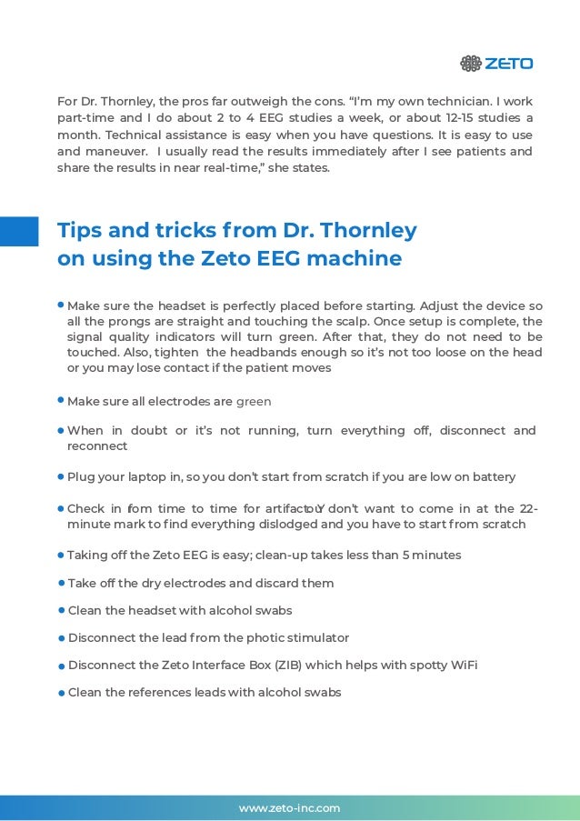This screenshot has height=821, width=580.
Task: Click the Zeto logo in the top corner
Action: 495,64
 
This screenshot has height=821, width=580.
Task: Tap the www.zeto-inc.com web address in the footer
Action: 289,807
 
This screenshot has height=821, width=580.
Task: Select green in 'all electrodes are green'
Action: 254,401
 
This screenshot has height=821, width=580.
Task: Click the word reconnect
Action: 97,446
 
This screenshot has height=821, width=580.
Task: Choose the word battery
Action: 492,476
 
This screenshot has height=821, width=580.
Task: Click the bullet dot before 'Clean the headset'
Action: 61,611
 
